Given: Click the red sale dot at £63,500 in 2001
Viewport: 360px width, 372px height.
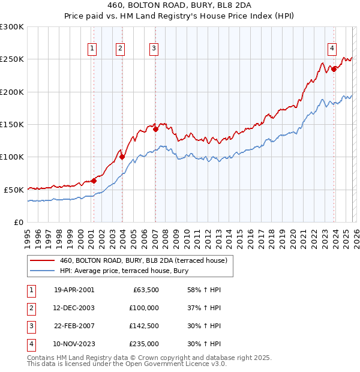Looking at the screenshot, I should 94,181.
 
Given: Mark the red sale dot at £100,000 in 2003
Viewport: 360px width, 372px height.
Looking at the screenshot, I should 122,157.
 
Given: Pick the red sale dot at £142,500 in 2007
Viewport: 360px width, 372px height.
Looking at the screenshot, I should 155,129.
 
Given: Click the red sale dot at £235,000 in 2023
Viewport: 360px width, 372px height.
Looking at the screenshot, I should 334,69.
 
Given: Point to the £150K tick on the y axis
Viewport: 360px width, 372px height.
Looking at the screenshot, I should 12,124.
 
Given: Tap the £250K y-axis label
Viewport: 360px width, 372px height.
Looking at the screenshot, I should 12,59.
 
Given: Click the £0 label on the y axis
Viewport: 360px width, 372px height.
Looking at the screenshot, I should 18,222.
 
